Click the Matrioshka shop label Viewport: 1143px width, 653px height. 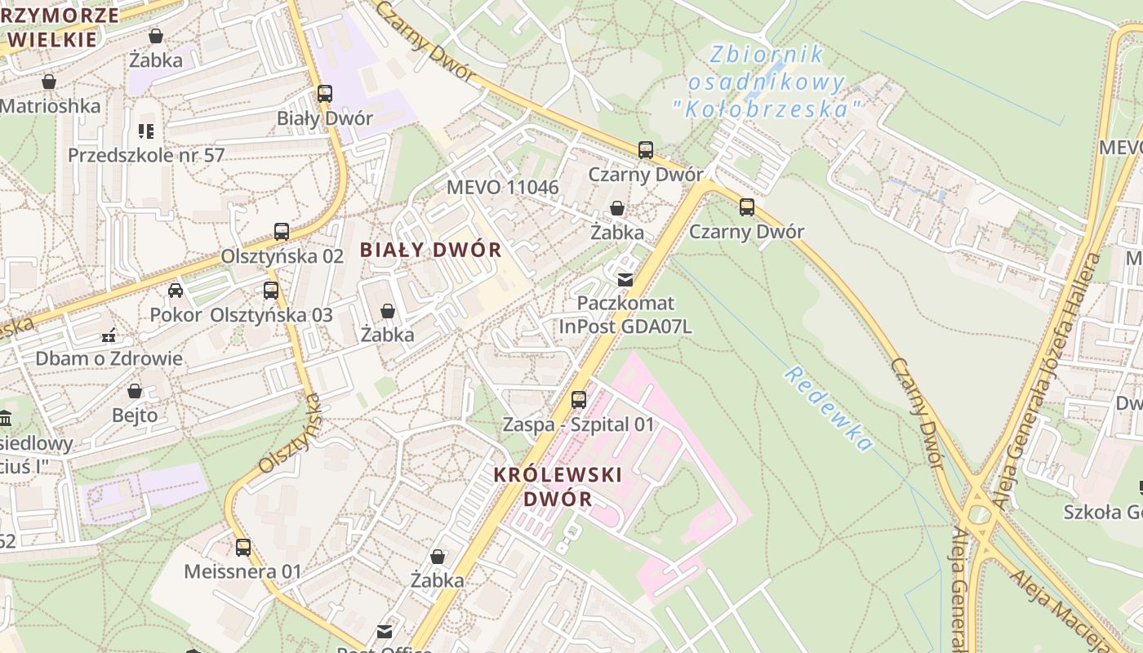pos(51,106)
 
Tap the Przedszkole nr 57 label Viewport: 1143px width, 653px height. pos(146,155)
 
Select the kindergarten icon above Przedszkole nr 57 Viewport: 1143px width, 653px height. pos(146,131)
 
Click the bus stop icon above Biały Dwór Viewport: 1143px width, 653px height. pos(325,94)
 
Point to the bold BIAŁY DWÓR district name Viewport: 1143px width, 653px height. pos(431,250)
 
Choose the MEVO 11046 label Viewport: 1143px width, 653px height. pos(502,187)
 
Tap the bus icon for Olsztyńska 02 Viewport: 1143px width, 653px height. pos(282,232)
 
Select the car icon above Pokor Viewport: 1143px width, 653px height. pos(176,291)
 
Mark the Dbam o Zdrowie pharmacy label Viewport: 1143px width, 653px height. pos(109,358)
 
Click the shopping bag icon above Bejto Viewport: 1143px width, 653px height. pos(135,391)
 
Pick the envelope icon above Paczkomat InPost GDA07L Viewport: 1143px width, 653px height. pos(625,280)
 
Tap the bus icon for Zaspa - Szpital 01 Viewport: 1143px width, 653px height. pos(579,400)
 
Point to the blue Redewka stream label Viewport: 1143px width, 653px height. pos(829,408)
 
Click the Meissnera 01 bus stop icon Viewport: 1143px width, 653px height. pos(243,548)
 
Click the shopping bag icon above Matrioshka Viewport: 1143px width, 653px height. pos(49,82)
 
